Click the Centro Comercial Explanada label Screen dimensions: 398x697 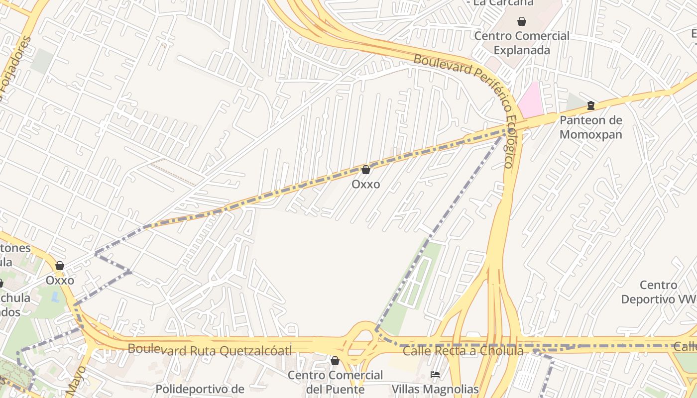[521, 43]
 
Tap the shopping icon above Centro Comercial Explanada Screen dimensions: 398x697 [522, 21]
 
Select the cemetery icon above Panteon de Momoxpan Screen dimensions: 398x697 [590, 105]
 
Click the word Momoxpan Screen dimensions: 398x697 [590, 134]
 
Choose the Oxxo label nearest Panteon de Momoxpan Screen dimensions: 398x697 [365, 185]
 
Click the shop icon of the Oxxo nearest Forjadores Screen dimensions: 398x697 [60, 266]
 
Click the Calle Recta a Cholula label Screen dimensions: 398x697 [463, 351]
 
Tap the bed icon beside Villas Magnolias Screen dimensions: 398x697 [435, 375]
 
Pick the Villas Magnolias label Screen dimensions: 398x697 [435, 389]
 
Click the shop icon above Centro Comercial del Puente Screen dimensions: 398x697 [335, 361]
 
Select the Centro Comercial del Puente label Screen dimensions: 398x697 [335, 382]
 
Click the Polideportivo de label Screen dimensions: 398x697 [200, 389]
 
